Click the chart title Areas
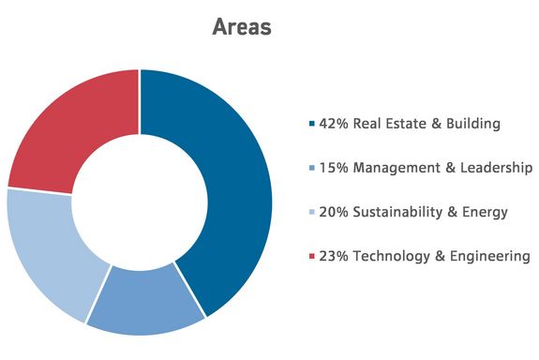click(x=241, y=26)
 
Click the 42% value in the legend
click(x=335, y=124)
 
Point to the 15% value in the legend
click(x=334, y=168)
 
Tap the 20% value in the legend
click(x=335, y=212)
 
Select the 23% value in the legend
click(x=335, y=256)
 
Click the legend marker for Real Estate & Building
click(x=311, y=124)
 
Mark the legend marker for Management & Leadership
click(x=311, y=168)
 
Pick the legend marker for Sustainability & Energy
click(x=311, y=212)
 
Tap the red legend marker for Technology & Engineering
click(x=311, y=256)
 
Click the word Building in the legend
click(x=471, y=124)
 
